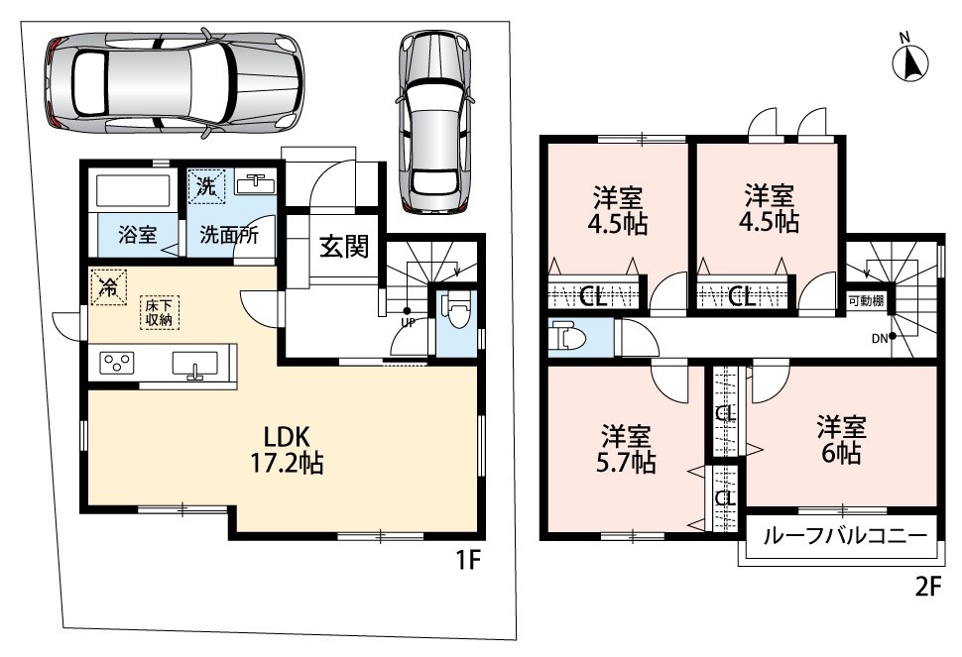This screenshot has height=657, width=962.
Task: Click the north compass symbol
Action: [x=909, y=62]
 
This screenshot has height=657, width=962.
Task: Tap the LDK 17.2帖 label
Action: [x=287, y=450]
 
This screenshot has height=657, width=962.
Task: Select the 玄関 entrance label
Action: [x=344, y=247]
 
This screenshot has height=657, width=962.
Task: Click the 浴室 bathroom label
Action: [x=138, y=234]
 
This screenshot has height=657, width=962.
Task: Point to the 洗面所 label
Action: [x=229, y=235]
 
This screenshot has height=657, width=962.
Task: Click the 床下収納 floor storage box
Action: [x=159, y=312]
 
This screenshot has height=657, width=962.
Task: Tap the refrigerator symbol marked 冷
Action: [x=108, y=286]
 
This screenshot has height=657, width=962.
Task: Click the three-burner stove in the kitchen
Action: [x=116, y=363]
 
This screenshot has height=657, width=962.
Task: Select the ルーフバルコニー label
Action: [x=845, y=537]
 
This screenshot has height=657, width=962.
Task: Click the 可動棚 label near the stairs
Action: [x=866, y=301]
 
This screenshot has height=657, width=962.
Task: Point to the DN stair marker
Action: [x=880, y=338]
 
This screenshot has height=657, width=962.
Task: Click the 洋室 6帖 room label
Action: [x=841, y=440]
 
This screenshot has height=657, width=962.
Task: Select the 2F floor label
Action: [x=927, y=588]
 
